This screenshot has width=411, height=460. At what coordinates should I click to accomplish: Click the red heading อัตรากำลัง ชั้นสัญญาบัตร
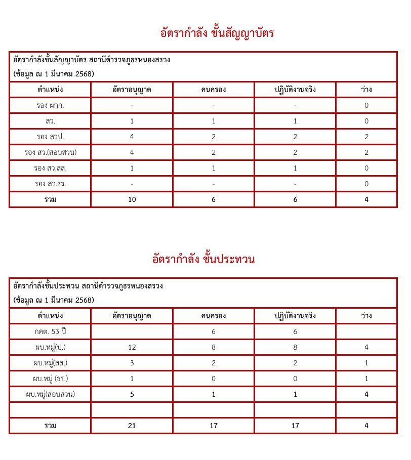[x=217, y=33]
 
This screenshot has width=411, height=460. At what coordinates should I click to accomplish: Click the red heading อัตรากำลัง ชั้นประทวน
[x=203, y=260]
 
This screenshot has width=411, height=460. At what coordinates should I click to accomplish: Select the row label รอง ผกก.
[x=50, y=105]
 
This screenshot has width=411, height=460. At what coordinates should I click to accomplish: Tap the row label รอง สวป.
[x=50, y=137]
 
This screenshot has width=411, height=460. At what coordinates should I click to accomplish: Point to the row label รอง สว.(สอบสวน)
[x=50, y=152]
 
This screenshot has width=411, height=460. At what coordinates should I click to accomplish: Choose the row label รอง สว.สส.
[x=50, y=168]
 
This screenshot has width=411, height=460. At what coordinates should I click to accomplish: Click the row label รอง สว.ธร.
[x=50, y=184]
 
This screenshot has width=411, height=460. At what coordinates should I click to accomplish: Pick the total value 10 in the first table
[x=132, y=199]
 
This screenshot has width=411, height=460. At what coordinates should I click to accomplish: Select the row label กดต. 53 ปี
[x=50, y=331]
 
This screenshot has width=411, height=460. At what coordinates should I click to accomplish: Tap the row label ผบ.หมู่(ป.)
[x=50, y=347]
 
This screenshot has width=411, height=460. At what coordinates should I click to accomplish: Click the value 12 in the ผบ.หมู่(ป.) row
[x=132, y=347]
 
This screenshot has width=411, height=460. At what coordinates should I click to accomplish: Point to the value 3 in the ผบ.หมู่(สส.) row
[x=132, y=363]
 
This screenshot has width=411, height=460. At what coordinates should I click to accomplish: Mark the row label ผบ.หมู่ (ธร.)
[x=50, y=379]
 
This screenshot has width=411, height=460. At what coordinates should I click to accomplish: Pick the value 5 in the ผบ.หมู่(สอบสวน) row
[x=132, y=394]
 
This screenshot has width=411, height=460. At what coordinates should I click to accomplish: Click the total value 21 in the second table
[x=132, y=426]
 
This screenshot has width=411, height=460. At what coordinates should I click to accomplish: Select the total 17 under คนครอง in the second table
[x=214, y=426]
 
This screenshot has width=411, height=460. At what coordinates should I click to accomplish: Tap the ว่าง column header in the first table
[x=366, y=90]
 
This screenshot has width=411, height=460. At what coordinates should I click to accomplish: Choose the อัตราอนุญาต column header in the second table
[x=132, y=316]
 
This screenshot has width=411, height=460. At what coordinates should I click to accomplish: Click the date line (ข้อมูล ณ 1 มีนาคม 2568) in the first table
[x=54, y=74]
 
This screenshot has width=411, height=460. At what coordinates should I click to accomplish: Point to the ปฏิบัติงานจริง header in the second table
[x=295, y=316]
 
